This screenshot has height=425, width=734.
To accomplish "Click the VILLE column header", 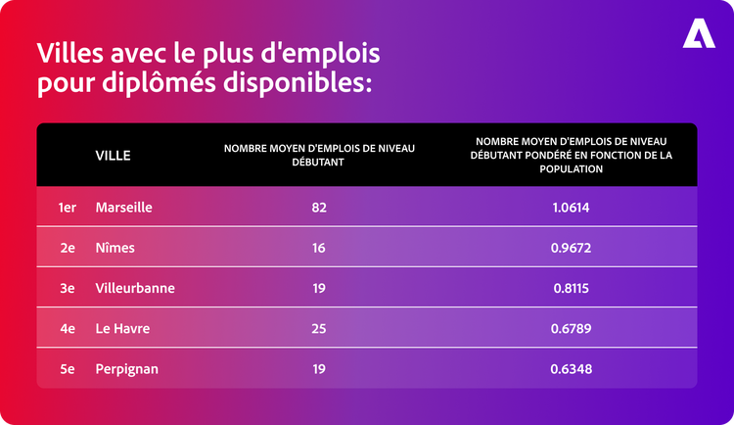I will pos(113,155).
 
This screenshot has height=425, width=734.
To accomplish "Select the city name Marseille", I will pos(124,208).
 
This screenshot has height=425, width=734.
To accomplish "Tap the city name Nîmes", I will pos(115,249).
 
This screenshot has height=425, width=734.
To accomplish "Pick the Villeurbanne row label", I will pos(136,289).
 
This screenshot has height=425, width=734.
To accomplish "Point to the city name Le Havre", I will pos(122,329).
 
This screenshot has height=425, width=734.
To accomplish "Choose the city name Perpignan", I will pos(127,369).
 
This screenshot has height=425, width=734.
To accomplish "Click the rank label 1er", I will pos(67,208).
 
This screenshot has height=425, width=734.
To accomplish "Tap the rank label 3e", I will pos(67,289).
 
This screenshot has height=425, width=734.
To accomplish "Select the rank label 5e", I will pos(67,369).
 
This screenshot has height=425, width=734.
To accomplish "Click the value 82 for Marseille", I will pos(318,208).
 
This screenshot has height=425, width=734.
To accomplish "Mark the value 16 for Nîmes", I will pos(318,249).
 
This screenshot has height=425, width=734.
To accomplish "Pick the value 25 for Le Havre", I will pos(318,329).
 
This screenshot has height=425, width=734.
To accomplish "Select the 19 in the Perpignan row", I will pos(318,369).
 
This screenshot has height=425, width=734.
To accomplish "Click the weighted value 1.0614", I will pos(571,208).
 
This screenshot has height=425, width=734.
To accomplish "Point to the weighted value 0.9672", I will pos(571,249).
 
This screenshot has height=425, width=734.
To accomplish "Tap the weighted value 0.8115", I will pos(571,289).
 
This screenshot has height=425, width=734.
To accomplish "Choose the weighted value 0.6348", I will pos(571,369).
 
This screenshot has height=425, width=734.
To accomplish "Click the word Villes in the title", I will pos(68,51).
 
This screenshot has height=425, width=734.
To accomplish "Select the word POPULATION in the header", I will pos(571,168).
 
